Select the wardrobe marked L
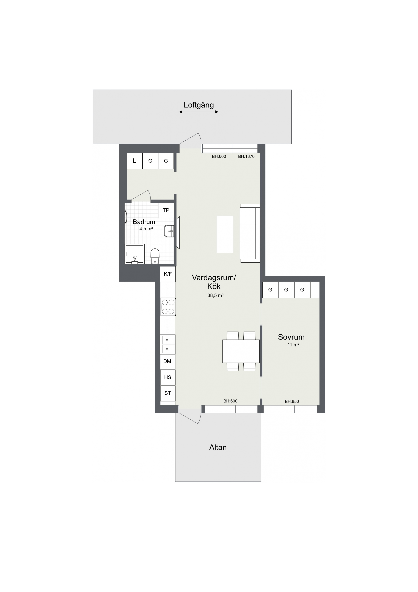[135, 161]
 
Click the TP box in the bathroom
[166, 210]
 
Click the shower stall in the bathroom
[135, 254]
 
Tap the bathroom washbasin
[169, 231]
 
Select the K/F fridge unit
[168, 274]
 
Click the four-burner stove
[168, 307]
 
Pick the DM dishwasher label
[167, 361]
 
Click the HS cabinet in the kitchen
[168, 378]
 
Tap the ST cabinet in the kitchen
[168, 393]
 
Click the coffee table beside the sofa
[225, 234]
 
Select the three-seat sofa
[250, 233]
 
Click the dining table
[241, 351]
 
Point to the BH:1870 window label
[246, 156]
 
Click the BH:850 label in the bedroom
[292, 401]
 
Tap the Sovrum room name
[291, 337]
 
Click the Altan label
[218, 447]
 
